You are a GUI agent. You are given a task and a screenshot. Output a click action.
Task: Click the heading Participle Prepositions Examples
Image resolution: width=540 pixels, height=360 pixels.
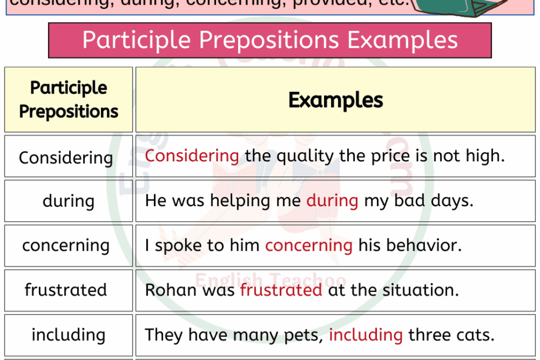click(x=270, y=40)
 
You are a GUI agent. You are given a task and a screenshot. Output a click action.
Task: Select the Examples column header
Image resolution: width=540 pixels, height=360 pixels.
click(x=336, y=100)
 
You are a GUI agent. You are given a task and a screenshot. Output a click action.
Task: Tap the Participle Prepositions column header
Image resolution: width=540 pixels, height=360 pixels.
click(x=69, y=99)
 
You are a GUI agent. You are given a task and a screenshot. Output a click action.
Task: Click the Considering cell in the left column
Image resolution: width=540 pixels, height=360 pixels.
click(x=66, y=157)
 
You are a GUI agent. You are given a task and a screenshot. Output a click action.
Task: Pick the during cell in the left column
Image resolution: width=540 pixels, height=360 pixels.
click(x=68, y=201)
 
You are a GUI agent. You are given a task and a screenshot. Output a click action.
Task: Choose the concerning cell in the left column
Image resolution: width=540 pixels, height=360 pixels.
click(x=66, y=246)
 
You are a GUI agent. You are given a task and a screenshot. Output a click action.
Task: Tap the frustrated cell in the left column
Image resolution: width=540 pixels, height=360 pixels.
click(x=66, y=290)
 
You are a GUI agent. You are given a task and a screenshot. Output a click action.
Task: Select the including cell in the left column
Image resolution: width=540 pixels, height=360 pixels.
click(x=68, y=335)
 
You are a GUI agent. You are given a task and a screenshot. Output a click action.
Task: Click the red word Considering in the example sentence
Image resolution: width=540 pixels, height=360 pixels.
click(x=192, y=156)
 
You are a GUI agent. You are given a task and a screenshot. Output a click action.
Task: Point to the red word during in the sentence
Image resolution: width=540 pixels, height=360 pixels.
click(x=332, y=200)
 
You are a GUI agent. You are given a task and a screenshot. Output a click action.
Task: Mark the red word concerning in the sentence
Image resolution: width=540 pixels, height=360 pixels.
click(x=308, y=245)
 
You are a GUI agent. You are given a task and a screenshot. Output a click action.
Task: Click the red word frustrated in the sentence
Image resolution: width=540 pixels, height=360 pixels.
click(x=281, y=290)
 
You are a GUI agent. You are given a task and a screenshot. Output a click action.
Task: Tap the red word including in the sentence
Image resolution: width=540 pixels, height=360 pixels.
click(x=365, y=334)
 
